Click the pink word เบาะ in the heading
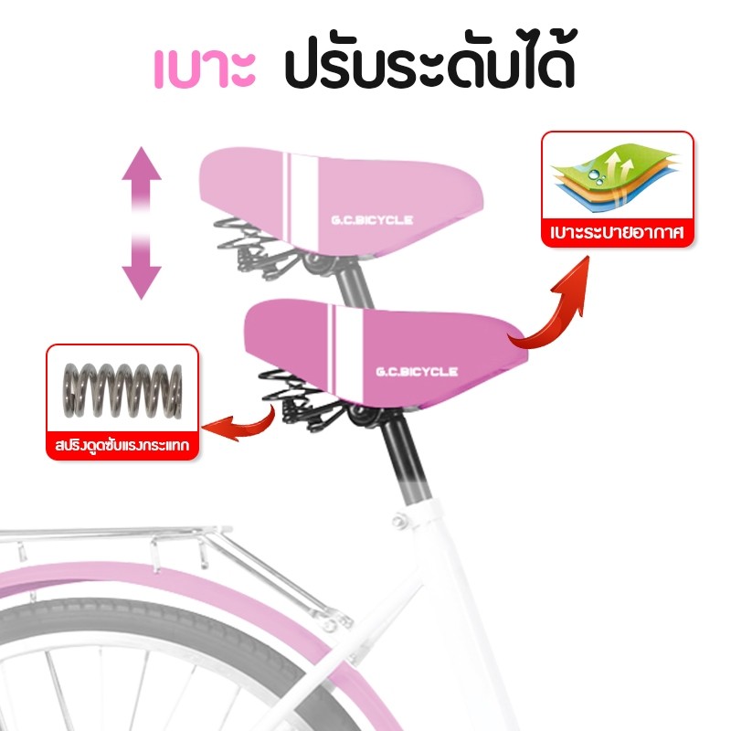tap(205, 70)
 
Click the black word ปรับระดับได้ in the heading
tap(430, 59)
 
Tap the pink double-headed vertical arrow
tap(142, 223)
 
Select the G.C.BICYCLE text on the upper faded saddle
tap(372, 219)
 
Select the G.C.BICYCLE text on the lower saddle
tap(417, 372)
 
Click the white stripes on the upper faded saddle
tap(301, 200)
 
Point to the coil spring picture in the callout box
tap(122, 390)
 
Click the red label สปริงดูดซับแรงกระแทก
tap(122, 446)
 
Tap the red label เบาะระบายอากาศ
tap(617, 232)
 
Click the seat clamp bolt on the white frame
tap(400, 520)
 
